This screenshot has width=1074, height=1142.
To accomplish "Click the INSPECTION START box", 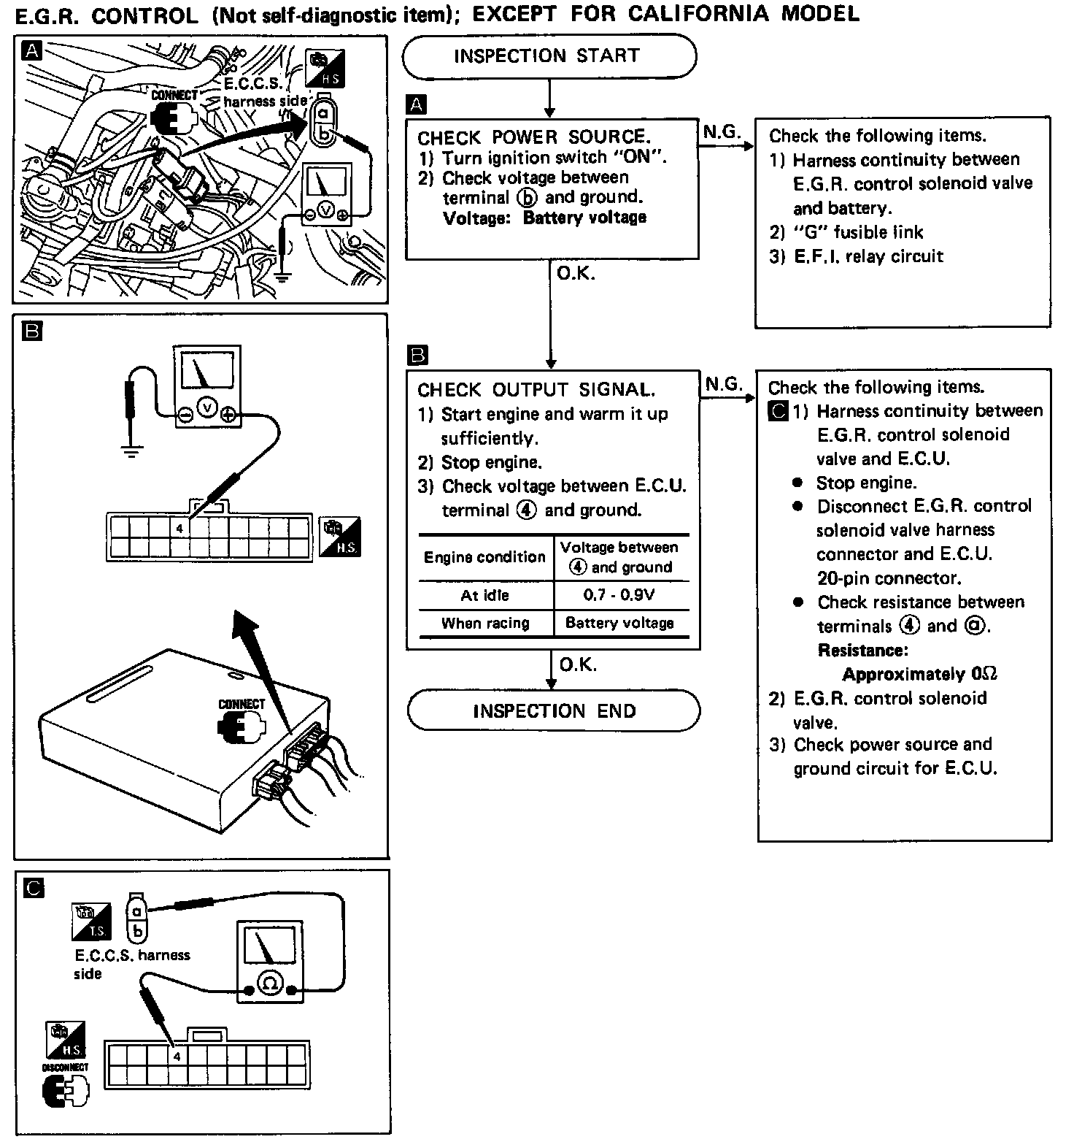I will (549, 56).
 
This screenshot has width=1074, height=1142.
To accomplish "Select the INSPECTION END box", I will (554, 710).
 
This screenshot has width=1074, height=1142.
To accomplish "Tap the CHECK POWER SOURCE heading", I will (533, 137).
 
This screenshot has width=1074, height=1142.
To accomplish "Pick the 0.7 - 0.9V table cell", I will (619, 595).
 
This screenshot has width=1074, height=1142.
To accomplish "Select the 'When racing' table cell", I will (485, 623).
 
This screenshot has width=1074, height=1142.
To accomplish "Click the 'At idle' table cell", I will (484, 595).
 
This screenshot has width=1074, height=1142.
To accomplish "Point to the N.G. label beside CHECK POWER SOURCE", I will (722, 132).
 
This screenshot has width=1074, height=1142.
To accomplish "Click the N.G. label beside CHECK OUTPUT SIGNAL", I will (724, 384).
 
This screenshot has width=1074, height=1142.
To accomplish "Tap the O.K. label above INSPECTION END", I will (578, 664).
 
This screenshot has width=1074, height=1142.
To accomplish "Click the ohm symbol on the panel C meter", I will (269, 984).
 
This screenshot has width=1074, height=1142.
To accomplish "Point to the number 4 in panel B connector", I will (179, 528).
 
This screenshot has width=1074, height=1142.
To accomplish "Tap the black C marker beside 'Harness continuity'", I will (779, 412).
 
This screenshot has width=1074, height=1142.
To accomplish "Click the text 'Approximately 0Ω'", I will (919, 674).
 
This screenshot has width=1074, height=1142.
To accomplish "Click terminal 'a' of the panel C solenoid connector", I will (137, 910).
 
